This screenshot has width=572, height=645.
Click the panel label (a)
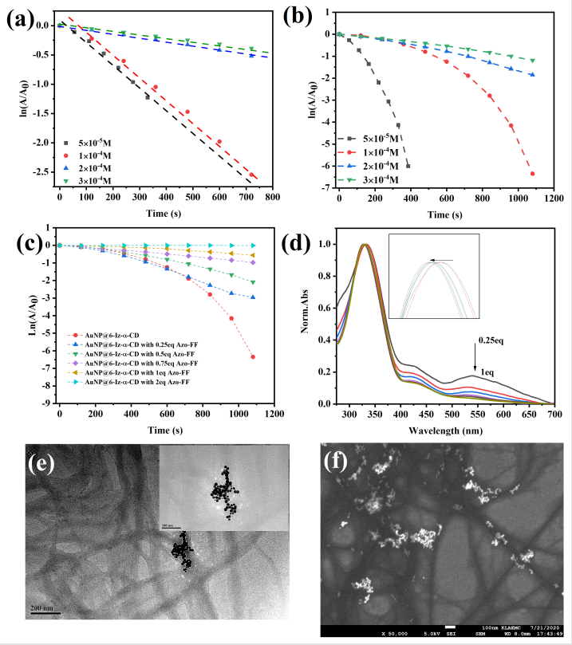[18, 18]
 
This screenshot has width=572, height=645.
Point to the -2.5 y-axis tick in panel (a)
[44, 171]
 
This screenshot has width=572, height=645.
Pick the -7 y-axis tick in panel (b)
[325, 187]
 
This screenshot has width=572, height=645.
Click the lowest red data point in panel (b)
[532, 173]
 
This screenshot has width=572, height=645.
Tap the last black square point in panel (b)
[408, 166]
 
